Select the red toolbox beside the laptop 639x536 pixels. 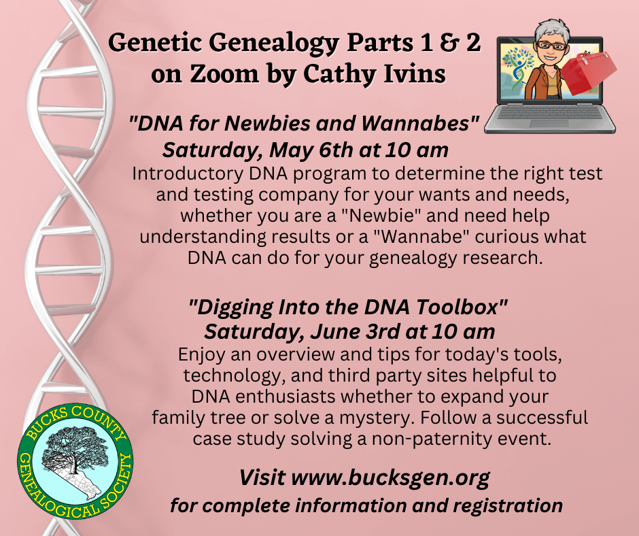589,72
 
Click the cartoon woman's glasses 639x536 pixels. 551,45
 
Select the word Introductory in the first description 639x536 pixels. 188,173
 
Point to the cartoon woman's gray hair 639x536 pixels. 552,29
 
